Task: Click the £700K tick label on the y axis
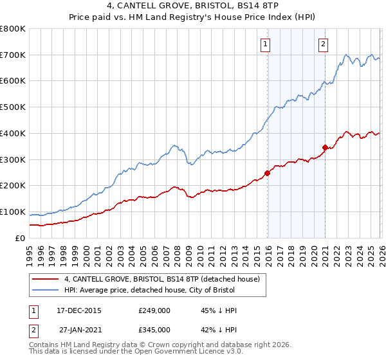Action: click(x=13, y=55)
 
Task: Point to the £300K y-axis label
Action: click(x=13, y=159)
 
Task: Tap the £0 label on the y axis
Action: click(x=19, y=238)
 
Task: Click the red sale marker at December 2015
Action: click(x=267, y=172)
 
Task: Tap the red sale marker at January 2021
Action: click(x=325, y=147)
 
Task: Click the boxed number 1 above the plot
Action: click(x=265, y=44)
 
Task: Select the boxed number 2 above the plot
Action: click(x=322, y=44)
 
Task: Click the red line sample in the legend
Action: click(x=45, y=279)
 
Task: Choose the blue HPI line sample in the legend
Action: click(x=45, y=289)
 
